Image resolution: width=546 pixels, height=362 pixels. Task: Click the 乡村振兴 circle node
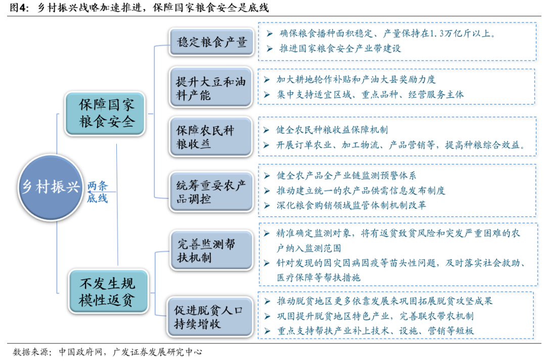[x=51, y=186]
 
